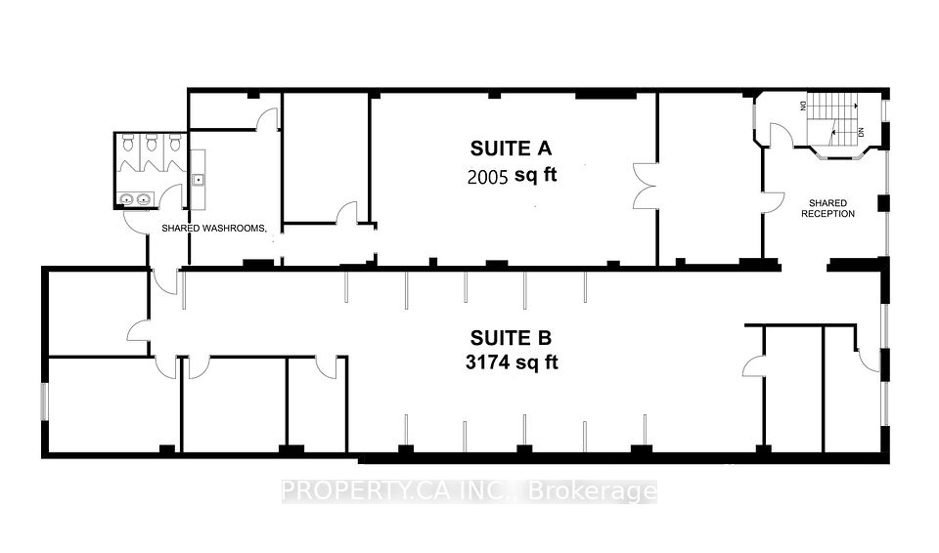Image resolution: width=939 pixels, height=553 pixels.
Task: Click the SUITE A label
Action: [x=511, y=149]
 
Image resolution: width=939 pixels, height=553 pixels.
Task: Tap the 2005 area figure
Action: [x=487, y=177]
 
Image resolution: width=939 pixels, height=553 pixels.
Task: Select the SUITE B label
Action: [x=511, y=338]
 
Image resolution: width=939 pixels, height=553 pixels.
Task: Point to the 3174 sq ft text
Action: [x=512, y=362]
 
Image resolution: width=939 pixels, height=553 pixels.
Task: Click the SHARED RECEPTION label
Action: [x=827, y=208]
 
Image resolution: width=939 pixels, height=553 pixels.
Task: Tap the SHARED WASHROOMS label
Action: [x=213, y=228]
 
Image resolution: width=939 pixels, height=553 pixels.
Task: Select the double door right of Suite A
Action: [x=646, y=186]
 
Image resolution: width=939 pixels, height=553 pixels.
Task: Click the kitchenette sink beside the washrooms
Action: [x=198, y=179]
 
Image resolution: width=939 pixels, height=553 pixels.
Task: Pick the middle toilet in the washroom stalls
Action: [x=152, y=143]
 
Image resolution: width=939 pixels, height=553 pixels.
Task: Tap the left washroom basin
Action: [x=126, y=199]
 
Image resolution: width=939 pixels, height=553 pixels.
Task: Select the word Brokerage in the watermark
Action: [x=593, y=492]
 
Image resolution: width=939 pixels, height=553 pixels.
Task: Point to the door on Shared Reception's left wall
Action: [x=773, y=202]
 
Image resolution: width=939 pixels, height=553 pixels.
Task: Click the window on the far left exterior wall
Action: [x=43, y=401]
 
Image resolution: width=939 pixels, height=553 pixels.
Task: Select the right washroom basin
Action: [x=144, y=199]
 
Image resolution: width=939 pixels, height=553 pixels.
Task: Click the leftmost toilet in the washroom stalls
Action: [x=127, y=143]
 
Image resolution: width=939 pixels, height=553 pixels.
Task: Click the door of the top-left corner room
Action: [x=267, y=118]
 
